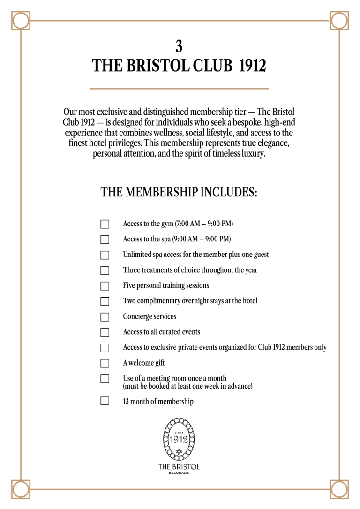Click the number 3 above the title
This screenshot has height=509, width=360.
pos(179,46)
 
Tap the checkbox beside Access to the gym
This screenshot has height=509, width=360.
pos(105,224)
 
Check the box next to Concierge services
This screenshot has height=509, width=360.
pos(105,317)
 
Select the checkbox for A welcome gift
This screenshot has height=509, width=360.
pos(105,363)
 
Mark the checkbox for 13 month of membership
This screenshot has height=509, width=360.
pos(105,401)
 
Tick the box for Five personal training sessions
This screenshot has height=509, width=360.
pos(105,286)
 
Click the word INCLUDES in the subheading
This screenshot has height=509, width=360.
pos(229,193)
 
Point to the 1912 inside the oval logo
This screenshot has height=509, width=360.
pos(179,439)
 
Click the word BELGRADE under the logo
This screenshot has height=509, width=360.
pos(179,473)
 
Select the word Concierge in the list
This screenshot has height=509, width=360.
pos(137,317)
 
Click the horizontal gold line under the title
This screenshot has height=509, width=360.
pos(179,88)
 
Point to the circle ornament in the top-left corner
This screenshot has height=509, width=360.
pos(20,21)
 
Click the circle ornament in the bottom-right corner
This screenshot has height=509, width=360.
pos(339,489)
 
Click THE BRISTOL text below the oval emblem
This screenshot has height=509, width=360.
pos(179,466)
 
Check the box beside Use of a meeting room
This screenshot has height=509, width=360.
pos(105,379)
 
